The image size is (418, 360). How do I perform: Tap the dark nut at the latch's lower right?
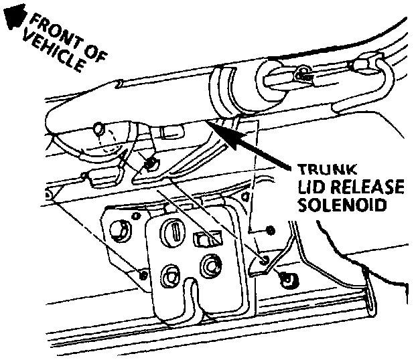click(x=289, y=279)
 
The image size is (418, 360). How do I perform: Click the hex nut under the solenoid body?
click(x=151, y=163)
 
